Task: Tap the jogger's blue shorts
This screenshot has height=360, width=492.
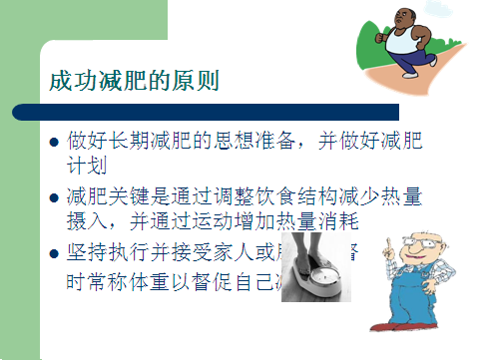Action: coord(409,62)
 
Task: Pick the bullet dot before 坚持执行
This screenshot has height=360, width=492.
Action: coord(56,254)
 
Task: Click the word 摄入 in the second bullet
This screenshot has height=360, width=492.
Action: coord(85,220)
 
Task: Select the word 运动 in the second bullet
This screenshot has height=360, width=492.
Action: coord(222,220)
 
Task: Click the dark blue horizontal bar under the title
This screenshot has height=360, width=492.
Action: coord(210,111)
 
